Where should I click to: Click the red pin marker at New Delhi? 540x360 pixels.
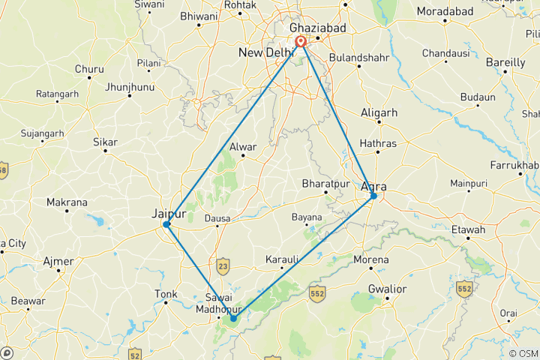pyautogui.click(x=301, y=41)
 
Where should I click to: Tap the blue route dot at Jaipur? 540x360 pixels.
pyautogui.click(x=166, y=224)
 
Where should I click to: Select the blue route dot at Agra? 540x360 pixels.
pyautogui.click(x=373, y=196)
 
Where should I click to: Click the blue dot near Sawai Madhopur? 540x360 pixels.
pyautogui.click(x=234, y=318)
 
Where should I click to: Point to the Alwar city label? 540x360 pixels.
pyautogui.click(x=243, y=147)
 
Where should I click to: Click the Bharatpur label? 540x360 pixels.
pyautogui.click(x=325, y=183)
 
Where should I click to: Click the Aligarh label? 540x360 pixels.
pyautogui.click(x=379, y=112)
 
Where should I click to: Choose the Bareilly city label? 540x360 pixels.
pyautogui.click(x=505, y=62)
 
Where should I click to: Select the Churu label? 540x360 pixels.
pyautogui.click(x=89, y=69)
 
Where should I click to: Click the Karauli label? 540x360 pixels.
pyautogui.click(x=283, y=259)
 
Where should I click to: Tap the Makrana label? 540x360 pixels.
pyautogui.click(x=67, y=202)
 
